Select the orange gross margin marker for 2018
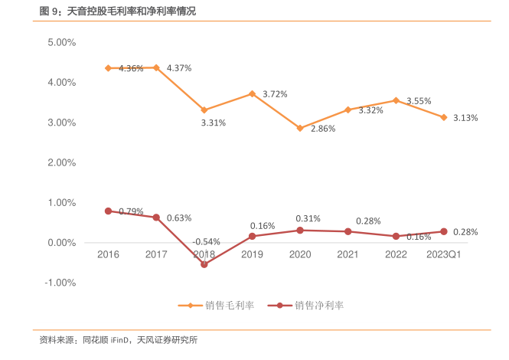tap(204, 110)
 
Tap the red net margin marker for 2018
tap(204, 264)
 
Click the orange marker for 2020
tap(300, 128)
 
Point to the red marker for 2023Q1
tap(444, 231)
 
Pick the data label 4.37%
tap(179, 68)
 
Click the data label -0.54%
tap(206, 242)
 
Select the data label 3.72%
tap(275, 94)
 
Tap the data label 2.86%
tap(323, 129)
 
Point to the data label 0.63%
tap(179, 218)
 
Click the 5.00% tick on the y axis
tap(61, 43)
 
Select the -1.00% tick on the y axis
tap(60, 283)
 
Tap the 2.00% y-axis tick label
tap(61, 163)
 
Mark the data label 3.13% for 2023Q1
tap(465, 118)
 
